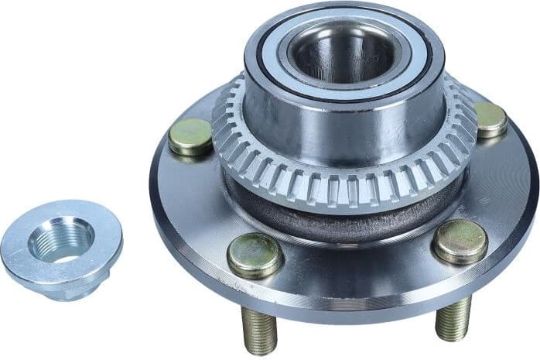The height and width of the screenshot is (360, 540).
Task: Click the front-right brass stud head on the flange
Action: pos(459,241)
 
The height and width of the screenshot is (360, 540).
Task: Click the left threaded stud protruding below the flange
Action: pos(260,329)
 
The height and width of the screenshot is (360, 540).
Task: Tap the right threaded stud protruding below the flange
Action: pos(453,317)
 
